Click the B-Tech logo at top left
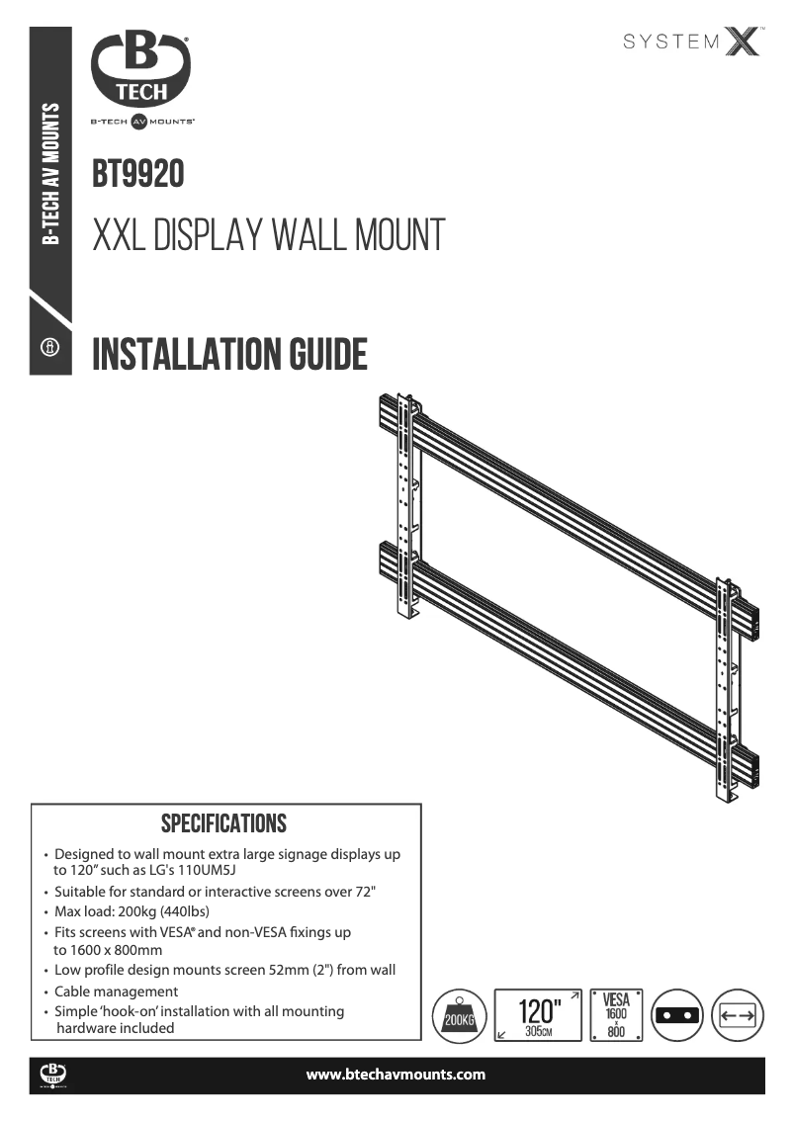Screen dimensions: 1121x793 click(x=141, y=77)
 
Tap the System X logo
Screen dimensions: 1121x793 click(x=692, y=42)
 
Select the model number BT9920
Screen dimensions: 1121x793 click(x=138, y=175)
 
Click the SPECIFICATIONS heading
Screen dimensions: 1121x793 click(x=223, y=823)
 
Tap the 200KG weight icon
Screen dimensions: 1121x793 click(x=459, y=1015)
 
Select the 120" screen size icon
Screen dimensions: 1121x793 click(x=538, y=1015)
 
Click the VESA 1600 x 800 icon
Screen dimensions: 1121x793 click(x=616, y=1015)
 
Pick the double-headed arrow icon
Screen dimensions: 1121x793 click(x=738, y=1015)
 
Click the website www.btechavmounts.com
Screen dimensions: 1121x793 click(x=396, y=1075)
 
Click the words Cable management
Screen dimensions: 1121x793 click(x=116, y=992)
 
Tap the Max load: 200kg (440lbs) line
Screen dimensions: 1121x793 click(x=131, y=911)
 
